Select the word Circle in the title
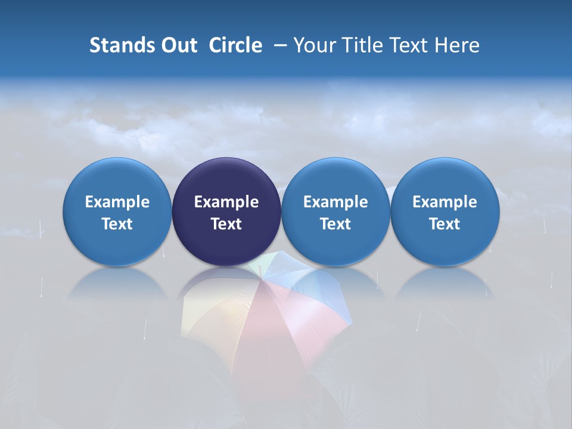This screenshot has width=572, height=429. click(235, 45)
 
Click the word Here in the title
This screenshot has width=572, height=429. click(456, 45)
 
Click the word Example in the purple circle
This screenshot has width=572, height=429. click(226, 202)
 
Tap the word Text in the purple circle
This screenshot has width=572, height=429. click(226, 224)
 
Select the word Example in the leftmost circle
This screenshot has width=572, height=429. click(117, 202)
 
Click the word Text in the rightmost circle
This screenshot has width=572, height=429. click(444, 224)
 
